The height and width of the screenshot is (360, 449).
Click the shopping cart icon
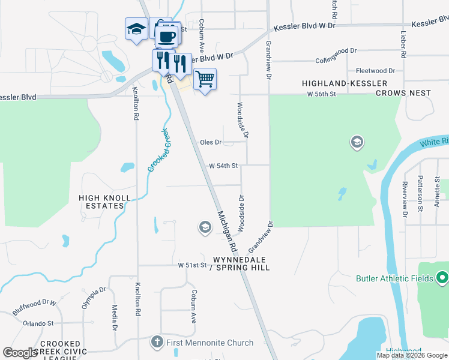coord(205,79)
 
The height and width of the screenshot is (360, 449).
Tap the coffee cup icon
coord(166,35)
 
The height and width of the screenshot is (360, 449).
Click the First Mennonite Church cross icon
coord(156,343)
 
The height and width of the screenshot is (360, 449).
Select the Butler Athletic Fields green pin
coord(442,278)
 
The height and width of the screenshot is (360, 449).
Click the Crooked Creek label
coord(159,150)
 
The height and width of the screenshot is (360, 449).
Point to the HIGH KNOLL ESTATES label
coord(101,201)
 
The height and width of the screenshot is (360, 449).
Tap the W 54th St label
coord(223,166)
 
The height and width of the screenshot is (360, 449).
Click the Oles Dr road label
coord(211,143)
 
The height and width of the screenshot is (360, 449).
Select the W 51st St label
coord(192,265)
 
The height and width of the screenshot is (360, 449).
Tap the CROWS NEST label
coord(403,93)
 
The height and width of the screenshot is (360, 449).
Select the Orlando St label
coord(38,323)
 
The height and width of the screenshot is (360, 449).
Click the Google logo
coord(20,353)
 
